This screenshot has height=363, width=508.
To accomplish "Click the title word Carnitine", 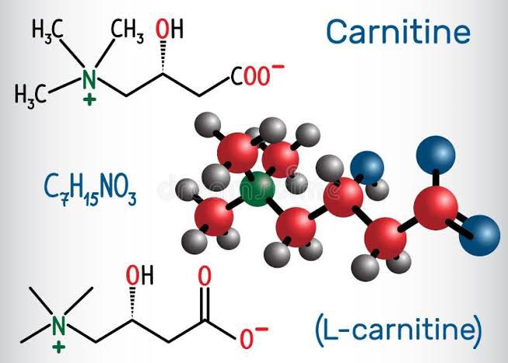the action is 398,32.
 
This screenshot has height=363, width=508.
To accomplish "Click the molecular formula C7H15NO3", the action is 90,189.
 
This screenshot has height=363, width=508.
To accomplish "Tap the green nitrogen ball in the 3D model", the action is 257,189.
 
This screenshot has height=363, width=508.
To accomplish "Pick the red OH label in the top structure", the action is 169,29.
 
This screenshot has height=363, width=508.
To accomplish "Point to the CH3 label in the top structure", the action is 127,30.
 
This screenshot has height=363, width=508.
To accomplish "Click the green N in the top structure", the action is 89,79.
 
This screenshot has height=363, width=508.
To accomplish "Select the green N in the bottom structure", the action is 59,326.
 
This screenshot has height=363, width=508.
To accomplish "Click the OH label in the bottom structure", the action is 140,275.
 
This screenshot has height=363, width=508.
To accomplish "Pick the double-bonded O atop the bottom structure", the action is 205,276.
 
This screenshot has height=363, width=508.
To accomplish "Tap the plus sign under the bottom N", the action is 59,347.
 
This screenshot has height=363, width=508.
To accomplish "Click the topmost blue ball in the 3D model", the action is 435,155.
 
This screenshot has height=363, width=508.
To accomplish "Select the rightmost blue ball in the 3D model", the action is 479,236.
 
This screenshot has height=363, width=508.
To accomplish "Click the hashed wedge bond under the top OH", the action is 164,57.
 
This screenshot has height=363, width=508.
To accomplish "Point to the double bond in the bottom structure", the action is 205,304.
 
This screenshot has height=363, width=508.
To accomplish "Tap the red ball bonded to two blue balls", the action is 435,207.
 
